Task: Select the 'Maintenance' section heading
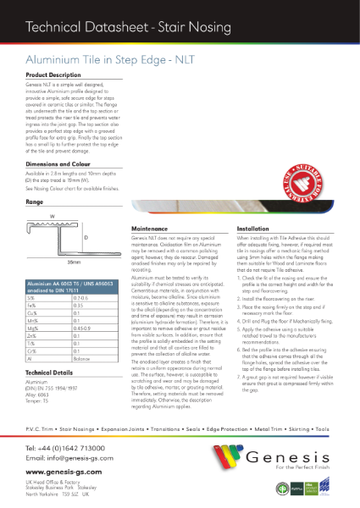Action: coord(154,229)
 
